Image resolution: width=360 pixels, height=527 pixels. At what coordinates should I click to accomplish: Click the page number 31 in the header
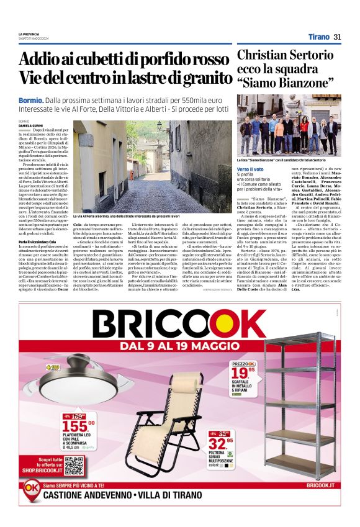tap(337, 37)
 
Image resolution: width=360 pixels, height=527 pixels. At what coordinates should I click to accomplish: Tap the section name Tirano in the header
tap(318, 37)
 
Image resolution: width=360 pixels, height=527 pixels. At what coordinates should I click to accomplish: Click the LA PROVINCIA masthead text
tap(29, 34)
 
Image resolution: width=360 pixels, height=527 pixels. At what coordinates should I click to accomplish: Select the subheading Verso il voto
tap(251, 169)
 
